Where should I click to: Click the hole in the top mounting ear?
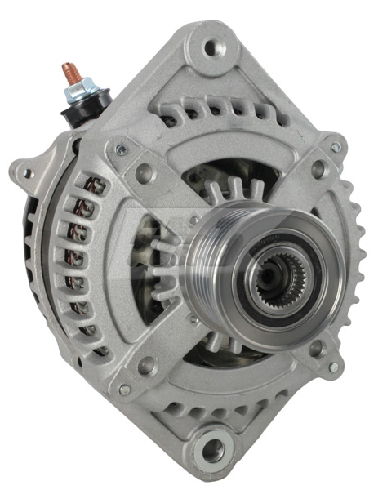pyautogui.click(x=213, y=48)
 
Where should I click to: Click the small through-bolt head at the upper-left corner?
pyautogui.click(x=121, y=149)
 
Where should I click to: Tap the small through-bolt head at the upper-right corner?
pyautogui.click(x=335, y=148)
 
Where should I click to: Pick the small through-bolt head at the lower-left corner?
pyautogui.click(x=124, y=390)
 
